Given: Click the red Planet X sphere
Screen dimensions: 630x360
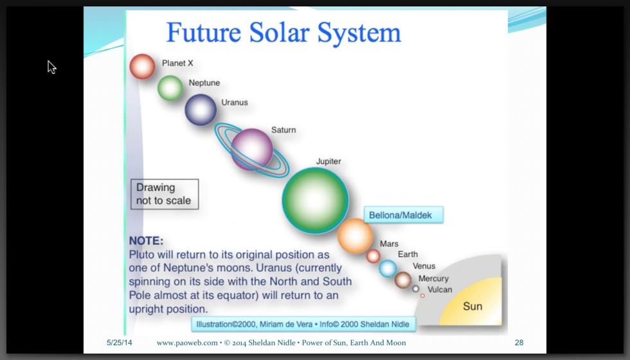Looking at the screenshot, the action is (x=142, y=66).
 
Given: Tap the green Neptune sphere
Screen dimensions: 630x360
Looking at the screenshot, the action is (x=170, y=87).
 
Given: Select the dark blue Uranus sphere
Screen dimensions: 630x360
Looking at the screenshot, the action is (x=201, y=110).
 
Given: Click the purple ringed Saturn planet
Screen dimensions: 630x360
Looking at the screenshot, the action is (x=252, y=150).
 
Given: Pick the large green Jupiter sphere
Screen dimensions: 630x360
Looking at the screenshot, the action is (x=316, y=201).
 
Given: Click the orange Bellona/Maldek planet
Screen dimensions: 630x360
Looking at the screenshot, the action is (x=355, y=237).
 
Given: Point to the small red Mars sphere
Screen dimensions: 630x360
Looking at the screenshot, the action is (x=373, y=256).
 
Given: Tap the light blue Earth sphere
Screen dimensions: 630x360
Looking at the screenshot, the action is (x=388, y=269).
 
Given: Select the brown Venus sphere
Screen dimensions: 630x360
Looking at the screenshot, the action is (x=402, y=280).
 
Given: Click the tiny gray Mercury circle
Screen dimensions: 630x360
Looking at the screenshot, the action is (x=416, y=289).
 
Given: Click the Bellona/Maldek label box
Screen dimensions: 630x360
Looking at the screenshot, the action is (x=404, y=215).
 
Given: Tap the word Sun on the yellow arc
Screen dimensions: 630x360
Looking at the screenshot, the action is (x=473, y=306).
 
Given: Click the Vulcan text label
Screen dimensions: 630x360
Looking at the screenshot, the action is (x=440, y=290).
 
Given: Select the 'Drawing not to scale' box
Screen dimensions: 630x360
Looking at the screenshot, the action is (x=165, y=194).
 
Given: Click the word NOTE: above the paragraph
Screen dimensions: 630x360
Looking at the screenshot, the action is (x=147, y=240).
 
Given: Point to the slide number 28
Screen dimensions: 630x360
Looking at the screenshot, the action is (x=519, y=343).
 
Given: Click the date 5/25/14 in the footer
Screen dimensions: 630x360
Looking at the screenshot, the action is (x=120, y=343).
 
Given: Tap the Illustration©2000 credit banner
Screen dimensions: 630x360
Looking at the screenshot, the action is (x=303, y=324).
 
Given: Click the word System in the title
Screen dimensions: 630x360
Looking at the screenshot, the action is (x=359, y=33).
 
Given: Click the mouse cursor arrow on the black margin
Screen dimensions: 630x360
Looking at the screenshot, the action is (x=51, y=67).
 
